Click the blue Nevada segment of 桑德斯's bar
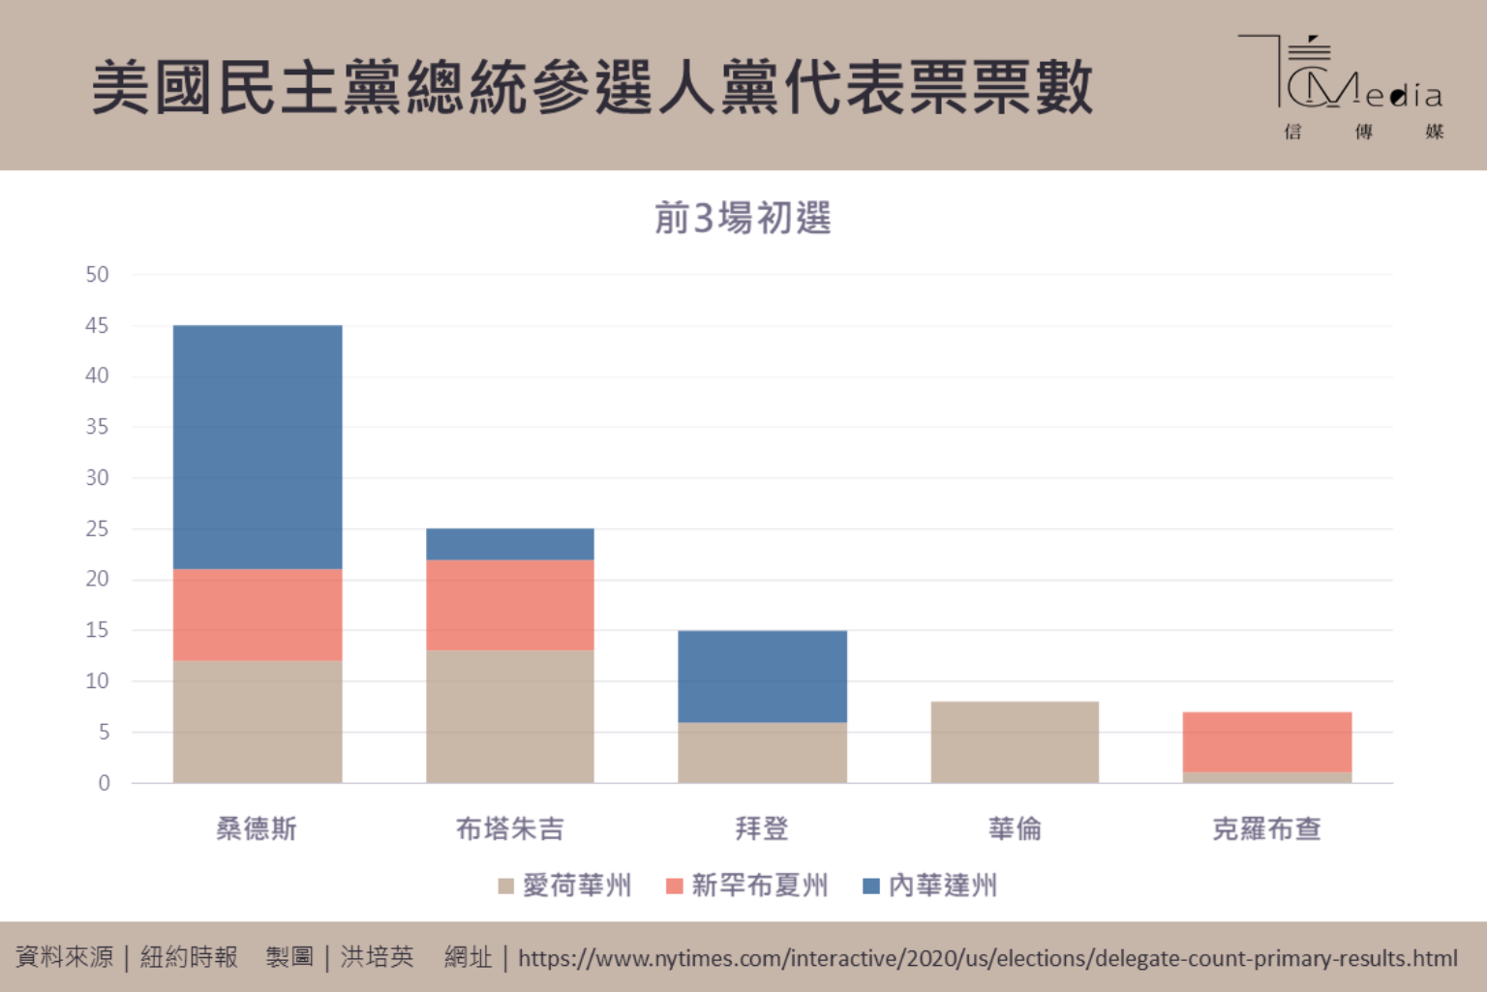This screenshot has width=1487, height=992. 258,447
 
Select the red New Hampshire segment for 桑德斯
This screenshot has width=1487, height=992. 258,615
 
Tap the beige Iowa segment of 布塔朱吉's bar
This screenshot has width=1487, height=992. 510,716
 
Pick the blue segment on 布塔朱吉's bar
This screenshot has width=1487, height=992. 510,544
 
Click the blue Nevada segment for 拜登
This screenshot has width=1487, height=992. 763,676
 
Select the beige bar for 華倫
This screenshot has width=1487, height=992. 1015,742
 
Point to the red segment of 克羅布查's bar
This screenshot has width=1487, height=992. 1267,742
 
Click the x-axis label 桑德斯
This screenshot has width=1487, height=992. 257,829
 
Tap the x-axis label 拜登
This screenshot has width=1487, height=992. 762,829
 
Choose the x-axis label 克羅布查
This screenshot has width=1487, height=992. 1266,829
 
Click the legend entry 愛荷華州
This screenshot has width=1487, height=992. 565,886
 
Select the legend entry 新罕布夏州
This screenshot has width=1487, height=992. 747,886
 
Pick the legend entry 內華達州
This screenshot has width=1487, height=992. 930,886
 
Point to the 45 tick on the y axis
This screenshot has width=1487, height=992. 97,326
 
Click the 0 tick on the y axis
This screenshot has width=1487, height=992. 104,783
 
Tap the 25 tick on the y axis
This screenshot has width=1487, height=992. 97,529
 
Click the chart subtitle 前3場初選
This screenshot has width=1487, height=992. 743,219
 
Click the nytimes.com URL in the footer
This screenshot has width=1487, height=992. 987,959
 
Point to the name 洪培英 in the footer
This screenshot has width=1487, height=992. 377,958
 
